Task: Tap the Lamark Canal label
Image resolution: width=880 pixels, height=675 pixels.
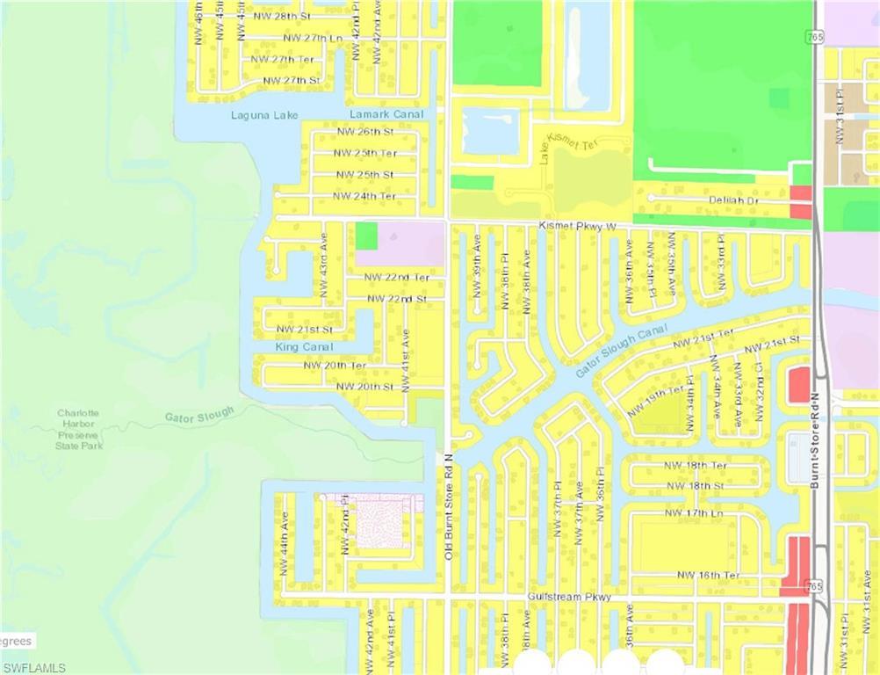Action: pos(386,114)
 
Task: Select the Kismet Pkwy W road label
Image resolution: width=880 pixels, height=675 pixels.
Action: pos(577,227)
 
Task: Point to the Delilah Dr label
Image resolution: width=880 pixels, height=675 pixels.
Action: pos(733,200)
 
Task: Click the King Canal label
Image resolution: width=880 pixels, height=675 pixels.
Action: pos(304,347)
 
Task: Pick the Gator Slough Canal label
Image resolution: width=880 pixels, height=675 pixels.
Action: pos(623,352)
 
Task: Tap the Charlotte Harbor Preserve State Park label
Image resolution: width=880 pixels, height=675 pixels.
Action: pos(79,429)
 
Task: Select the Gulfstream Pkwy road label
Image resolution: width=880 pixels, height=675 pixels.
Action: pos(569,597)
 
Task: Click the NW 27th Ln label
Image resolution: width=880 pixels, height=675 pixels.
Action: pos(313,38)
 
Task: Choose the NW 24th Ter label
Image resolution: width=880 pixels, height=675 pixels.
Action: pos(364,196)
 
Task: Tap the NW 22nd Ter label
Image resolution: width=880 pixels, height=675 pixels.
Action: pos(398,278)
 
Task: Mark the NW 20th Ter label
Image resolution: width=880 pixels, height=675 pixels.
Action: pos(335,365)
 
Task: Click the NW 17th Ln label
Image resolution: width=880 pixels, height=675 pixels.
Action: pos(694,512)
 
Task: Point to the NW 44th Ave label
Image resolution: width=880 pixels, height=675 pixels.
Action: pos(284,543)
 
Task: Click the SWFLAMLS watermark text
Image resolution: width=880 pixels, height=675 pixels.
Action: pos(33,668)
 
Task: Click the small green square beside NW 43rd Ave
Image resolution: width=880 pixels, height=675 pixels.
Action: pos(366,236)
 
